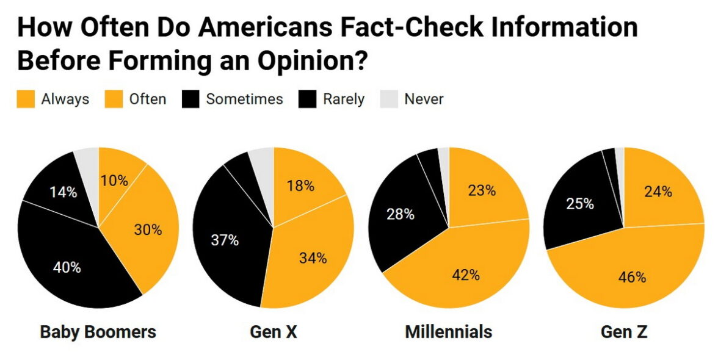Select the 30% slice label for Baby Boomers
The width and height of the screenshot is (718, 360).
coord(148,230)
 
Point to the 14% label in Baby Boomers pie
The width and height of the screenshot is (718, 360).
coord(63,192)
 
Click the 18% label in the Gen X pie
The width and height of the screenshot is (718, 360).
coord(300,186)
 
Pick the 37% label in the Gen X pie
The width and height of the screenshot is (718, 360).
coord(225,240)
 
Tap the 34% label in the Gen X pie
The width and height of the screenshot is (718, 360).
coord(313,258)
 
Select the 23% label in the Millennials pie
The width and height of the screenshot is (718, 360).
coord(482,190)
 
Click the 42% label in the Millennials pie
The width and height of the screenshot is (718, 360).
coord(466,275)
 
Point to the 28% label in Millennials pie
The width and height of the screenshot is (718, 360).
coord(401,214)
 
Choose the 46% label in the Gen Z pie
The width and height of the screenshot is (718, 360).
coord(632,278)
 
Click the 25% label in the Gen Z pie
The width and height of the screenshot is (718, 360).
coord(580,204)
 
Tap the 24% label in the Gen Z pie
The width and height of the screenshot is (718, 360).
coord(658,192)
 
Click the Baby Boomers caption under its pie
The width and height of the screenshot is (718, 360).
coord(98,332)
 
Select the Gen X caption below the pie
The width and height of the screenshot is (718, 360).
coord(274,332)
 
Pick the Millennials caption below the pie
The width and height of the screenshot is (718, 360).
coord(448,332)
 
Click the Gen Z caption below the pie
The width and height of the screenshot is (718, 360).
coord(624,332)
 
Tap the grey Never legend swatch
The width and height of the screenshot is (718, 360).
coord(390,99)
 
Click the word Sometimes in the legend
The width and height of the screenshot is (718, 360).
coord(244,99)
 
